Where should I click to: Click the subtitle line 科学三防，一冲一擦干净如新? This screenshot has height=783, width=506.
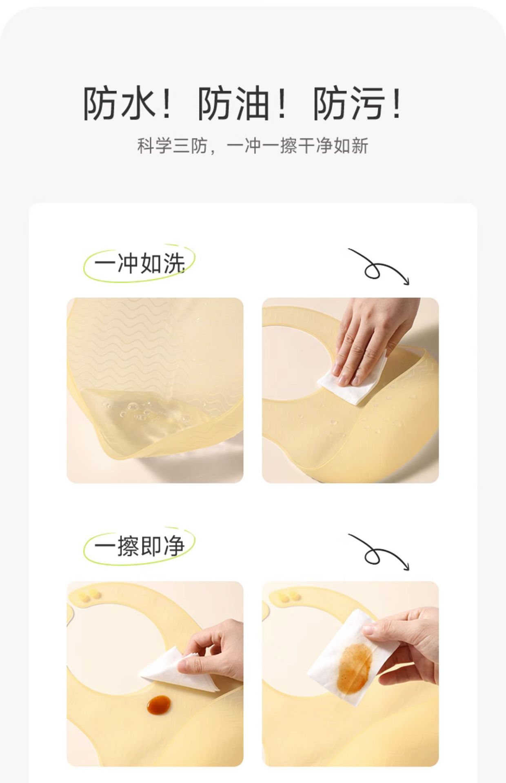[253, 146]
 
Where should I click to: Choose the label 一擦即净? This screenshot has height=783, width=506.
[140, 546]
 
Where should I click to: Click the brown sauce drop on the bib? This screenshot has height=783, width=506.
[159, 704]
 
